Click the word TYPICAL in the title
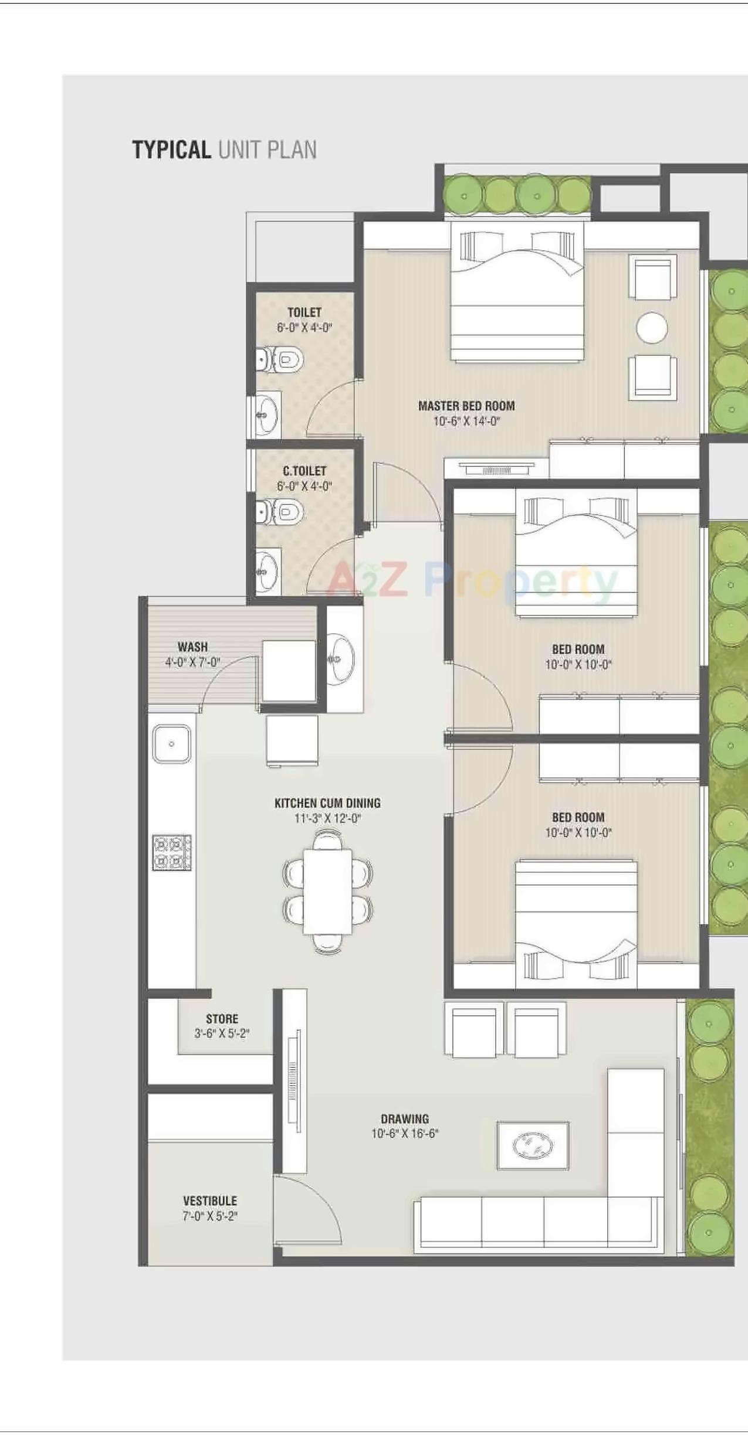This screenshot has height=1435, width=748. pos(171,150)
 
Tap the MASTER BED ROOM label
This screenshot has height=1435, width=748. pos(466,406)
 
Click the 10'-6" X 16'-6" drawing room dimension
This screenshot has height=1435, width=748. pos(405,1133)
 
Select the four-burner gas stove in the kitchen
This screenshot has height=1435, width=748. pos(172,852)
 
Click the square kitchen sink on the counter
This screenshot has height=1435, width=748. pos(171,744)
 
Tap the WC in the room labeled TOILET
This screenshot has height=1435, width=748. pos(283,359)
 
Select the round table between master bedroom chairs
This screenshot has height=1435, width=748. pos(652,328)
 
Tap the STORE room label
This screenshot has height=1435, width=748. pos(222,1019)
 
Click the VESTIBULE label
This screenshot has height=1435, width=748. pos(210,1201)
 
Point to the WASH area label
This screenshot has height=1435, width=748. pos(192,647)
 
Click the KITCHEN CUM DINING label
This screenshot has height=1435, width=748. pos(327,803)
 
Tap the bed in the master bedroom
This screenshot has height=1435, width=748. pos(517,293)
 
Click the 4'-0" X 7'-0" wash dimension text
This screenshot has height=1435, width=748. pos(192,662)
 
